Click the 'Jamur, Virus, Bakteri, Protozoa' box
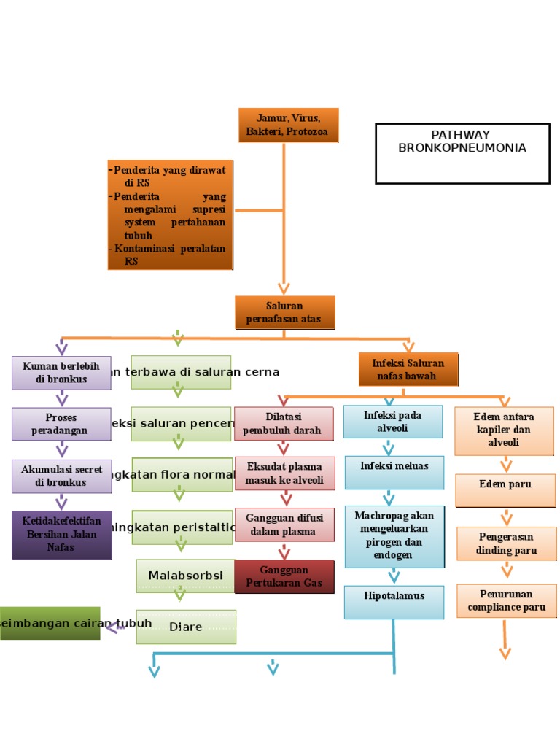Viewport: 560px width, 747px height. coord(288,125)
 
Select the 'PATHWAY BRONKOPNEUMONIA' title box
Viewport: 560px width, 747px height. coord(462,153)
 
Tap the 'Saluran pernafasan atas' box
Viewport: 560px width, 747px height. coord(284,312)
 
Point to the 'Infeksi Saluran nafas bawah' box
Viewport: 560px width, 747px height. coord(408,369)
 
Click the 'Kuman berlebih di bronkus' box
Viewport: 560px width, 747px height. coord(61,372)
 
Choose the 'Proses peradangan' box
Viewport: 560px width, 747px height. coord(61,424)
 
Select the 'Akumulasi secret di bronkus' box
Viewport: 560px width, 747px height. coord(61,476)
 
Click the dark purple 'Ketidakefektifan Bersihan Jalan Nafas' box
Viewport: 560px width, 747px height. coord(61,534)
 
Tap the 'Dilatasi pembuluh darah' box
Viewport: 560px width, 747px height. coord(284,423)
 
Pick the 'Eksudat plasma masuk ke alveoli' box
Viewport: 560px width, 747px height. coord(284,473)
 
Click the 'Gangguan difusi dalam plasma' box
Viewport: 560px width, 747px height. coord(284,525)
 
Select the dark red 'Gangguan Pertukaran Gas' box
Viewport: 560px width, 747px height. coord(284,576)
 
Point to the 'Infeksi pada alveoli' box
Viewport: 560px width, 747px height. coord(393,422)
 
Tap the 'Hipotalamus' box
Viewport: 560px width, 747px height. coord(394,602)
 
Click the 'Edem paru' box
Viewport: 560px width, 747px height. coord(505,489)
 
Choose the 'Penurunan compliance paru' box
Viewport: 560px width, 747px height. coord(506,600)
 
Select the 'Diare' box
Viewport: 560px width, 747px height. coord(186,627)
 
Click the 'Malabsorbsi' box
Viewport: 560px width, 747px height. coord(185,576)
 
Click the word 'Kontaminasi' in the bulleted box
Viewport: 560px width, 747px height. coord(145,249)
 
